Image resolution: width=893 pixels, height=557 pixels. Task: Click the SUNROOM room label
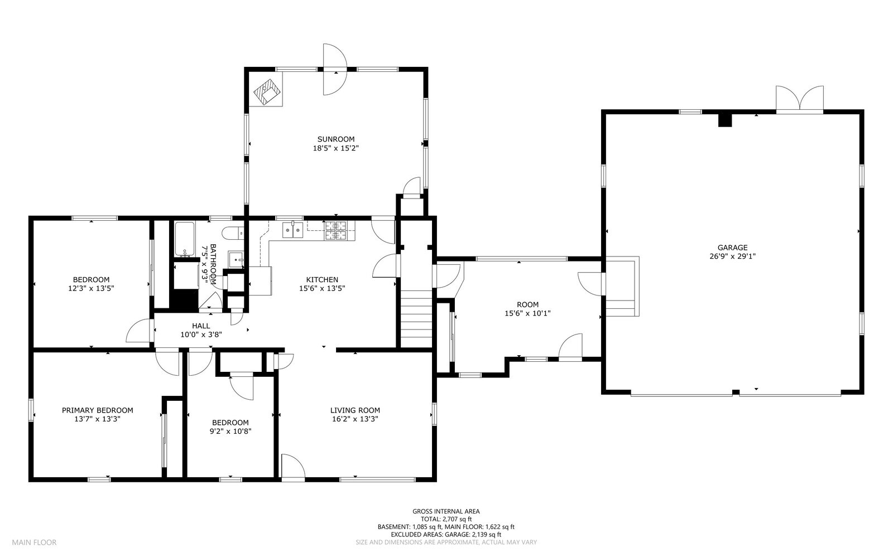[335, 139]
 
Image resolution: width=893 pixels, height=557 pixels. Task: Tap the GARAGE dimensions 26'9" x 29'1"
[732, 256]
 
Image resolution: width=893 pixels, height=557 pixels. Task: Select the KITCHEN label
[322, 280]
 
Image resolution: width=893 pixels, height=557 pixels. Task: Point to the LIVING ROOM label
[355, 410]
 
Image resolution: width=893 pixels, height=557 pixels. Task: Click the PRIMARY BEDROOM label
[97, 410]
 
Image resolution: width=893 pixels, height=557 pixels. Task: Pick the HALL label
[201, 326]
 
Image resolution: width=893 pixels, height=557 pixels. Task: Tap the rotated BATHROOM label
[213, 264]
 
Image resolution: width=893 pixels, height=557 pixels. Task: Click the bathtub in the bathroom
[185, 239]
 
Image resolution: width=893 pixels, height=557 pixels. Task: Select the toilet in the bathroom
[233, 233]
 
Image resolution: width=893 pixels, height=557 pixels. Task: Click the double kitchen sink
[292, 230]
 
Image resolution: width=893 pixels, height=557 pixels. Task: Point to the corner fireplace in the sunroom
[267, 92]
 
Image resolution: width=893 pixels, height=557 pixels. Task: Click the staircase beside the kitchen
[416, 318]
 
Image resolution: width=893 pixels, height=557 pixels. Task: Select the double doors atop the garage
[799, 100]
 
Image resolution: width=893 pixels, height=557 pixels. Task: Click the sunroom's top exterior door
[335, 69]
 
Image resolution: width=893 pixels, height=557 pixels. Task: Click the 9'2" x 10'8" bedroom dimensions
[231, 431]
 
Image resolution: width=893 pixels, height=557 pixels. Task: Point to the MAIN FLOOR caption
[34, 543]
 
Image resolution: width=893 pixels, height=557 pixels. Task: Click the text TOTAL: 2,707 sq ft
[446, 519]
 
